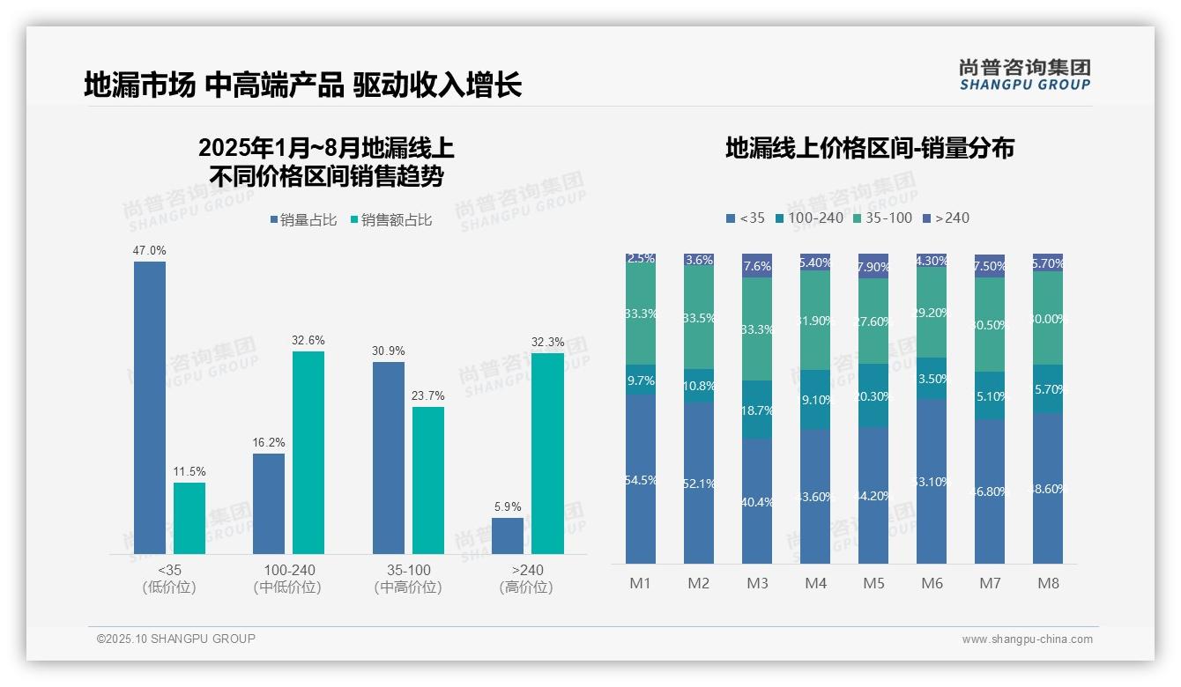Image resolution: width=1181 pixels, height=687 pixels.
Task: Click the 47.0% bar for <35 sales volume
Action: [x=150, y=407]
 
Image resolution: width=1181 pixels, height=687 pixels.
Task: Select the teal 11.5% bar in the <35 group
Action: [x=189, y=518]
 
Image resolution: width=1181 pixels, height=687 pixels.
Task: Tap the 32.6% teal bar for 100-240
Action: [x=308, y=453]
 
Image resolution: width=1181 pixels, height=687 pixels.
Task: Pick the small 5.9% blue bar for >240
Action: [x=508, y=536]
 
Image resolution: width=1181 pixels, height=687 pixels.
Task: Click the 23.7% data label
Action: [x=428, y=396]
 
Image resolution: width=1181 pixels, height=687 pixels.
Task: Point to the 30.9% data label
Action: [x=389, y=351]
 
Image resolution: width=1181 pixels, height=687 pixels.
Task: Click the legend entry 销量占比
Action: [x=303, y=220]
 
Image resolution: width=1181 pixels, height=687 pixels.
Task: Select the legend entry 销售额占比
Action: [x=390, y=220]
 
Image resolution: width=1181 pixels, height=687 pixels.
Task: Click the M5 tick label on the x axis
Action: [x=873, y=583]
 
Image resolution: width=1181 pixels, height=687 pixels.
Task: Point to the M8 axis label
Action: [x=1048, y=583]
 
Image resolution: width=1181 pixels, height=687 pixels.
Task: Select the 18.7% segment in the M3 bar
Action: [x=757, y=410]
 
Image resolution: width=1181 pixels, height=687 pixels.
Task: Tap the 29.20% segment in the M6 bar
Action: [x=932, y=312]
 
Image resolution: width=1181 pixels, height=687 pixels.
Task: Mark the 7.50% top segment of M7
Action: [x=990, y=266]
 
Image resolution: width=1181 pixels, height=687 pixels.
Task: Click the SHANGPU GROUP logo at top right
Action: [x=1024, y=75]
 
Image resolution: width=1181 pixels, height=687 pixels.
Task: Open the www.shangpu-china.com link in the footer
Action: [x=1027, y=639]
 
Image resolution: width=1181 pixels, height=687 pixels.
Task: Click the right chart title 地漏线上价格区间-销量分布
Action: [x=869, y=148]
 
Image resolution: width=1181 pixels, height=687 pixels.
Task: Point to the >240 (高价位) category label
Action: [x=526, y=579]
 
